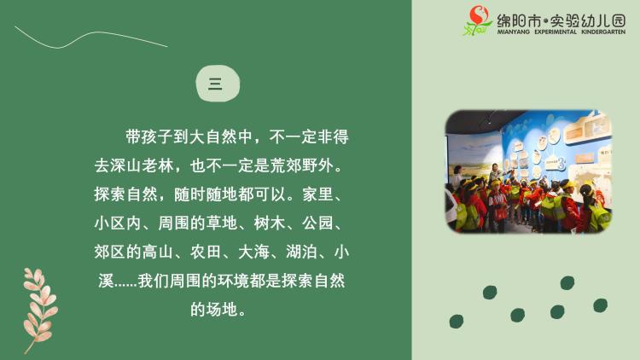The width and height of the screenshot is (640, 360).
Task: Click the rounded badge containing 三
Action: (218, 84)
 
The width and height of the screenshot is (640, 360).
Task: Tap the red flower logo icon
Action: (478, 20)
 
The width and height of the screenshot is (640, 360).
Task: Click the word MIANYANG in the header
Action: (513, 32)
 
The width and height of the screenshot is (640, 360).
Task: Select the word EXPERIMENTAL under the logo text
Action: (556, 32)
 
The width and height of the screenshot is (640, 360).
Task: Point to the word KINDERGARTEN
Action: (603, 32)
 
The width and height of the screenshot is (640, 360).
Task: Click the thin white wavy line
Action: (90, 38)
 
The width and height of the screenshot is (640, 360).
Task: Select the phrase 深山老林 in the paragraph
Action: (142, 165)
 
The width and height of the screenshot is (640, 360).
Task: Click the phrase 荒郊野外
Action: (301, 165)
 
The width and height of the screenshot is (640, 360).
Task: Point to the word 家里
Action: (318, 195)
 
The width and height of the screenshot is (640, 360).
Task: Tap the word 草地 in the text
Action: (222, 224)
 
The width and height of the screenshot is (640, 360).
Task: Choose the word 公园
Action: (317, 224)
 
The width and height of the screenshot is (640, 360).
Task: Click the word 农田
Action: (207, 252)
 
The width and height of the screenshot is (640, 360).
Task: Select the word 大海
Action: (253, 252)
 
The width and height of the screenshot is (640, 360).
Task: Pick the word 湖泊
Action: (301, 252)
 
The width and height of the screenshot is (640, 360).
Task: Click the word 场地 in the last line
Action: (222, 310)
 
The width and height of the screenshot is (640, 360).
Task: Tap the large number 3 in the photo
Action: (561, 164)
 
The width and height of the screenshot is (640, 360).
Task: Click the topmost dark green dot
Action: (567, 282)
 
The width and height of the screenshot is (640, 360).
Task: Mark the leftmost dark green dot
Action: (457, 322)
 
